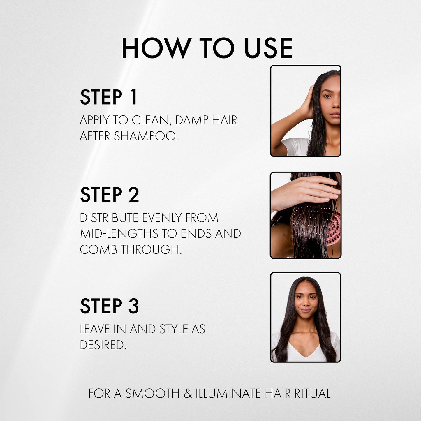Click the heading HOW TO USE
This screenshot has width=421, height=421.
[x=207, y=48]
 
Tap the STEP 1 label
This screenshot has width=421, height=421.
[x=108, y=97]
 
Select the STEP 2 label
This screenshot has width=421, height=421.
[x=109, y=195]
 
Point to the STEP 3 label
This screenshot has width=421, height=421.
[x=109, y=306]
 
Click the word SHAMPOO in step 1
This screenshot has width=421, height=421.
[x=146, y=136]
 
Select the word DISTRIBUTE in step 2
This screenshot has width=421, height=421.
[x=109, y=218]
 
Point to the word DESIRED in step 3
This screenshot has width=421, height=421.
[x=103, y=345]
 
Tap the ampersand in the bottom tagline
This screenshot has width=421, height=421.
[x=188, y=394]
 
